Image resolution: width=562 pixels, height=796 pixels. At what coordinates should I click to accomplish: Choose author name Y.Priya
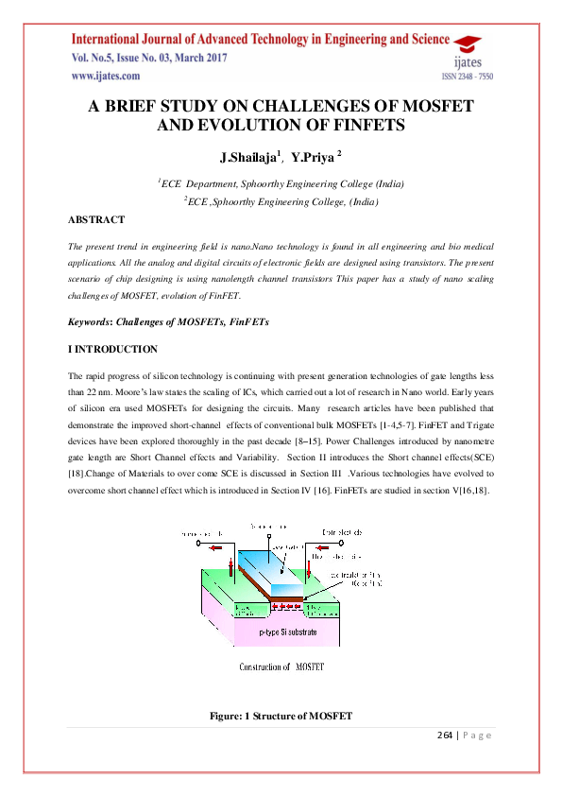pos(313,155)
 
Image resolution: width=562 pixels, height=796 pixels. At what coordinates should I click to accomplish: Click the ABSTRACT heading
pos(95,219)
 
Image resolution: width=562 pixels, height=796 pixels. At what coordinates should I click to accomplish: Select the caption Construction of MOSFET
pos(283,666)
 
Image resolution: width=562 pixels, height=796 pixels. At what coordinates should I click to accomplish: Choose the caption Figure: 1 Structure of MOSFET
pos(281,717)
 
